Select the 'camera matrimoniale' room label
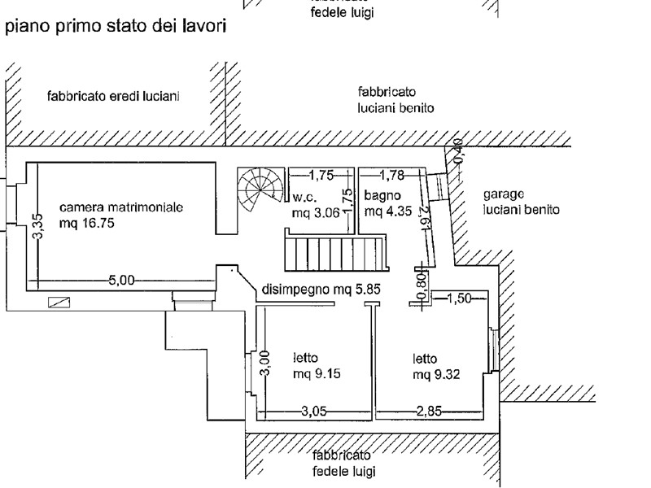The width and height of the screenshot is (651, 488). tap(121, 207)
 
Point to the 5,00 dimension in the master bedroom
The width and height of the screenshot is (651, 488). tap(120, 281)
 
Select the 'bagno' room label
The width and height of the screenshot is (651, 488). tap(380, 196)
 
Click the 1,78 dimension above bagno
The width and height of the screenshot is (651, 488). tap(392, 174)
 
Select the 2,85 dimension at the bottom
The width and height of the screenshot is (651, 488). tap(429, 412)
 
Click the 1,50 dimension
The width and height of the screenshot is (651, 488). tap(459, 298)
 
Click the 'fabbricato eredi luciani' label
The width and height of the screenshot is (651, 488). tap(113, 97)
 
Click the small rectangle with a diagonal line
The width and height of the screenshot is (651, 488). tap(59, 303)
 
